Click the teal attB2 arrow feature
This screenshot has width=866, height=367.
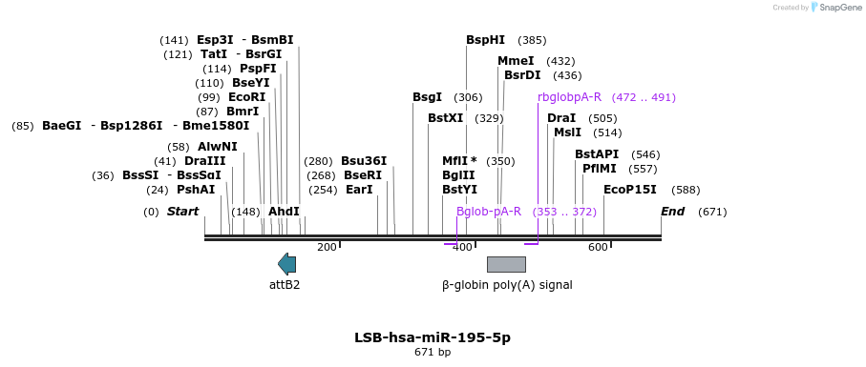(286, 264)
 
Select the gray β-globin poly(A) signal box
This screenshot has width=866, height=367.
(506, 264)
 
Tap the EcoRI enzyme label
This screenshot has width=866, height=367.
(247, 97)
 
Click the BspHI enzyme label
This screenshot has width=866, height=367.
(485, 40)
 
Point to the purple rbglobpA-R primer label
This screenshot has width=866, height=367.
(569, 97)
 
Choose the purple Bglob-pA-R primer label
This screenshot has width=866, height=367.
(489, 212)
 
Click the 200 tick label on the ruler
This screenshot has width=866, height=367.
(327, 248)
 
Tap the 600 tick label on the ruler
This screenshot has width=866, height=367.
(598, 248)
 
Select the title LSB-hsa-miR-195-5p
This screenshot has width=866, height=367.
(433, 337)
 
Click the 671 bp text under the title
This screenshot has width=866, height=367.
(433, 352)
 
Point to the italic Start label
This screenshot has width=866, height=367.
(182, 212)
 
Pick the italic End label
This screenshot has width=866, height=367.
(673, 212)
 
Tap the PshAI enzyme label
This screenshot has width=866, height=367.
(196, 190)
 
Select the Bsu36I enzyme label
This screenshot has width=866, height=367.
(364, 161)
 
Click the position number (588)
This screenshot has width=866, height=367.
(686, 190)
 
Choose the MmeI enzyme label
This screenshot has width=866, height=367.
(516, 61)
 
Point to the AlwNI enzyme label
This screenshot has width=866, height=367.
(218, 147)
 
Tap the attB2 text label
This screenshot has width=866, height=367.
(285, 285)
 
